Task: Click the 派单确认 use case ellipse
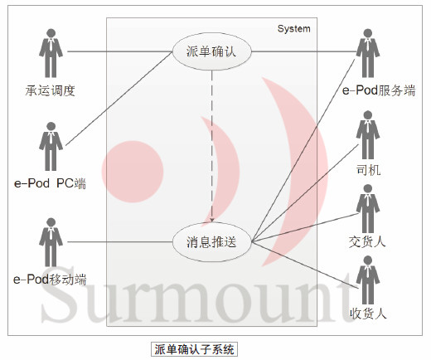[x=212, y=51]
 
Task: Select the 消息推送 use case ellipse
[x=212, y=242]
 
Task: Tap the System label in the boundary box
[x=293, y=29]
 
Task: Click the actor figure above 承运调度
[x=51, y=53]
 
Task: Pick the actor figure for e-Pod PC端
[x=51, y=146]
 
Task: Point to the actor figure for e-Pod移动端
[x=51, y=242]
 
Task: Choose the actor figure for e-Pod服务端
[x=368, y=53]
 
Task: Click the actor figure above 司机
[x=368, y=135]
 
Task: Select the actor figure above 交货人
[x=368, y=209]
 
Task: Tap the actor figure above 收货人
[x=368, y=280]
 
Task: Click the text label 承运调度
[x=51, y=90]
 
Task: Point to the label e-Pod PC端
[x=50, y=183]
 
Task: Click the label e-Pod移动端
[x=50, y=280]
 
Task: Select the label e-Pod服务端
[x=379, y=90]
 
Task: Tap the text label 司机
[x=368, y=169]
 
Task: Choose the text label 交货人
[x=367, y=241]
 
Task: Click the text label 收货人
[x=368, y=314]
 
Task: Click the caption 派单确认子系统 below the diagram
[x=194, y=349]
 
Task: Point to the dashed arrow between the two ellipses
[x=212, y=147]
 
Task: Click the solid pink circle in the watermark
[x=133, y=172]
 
